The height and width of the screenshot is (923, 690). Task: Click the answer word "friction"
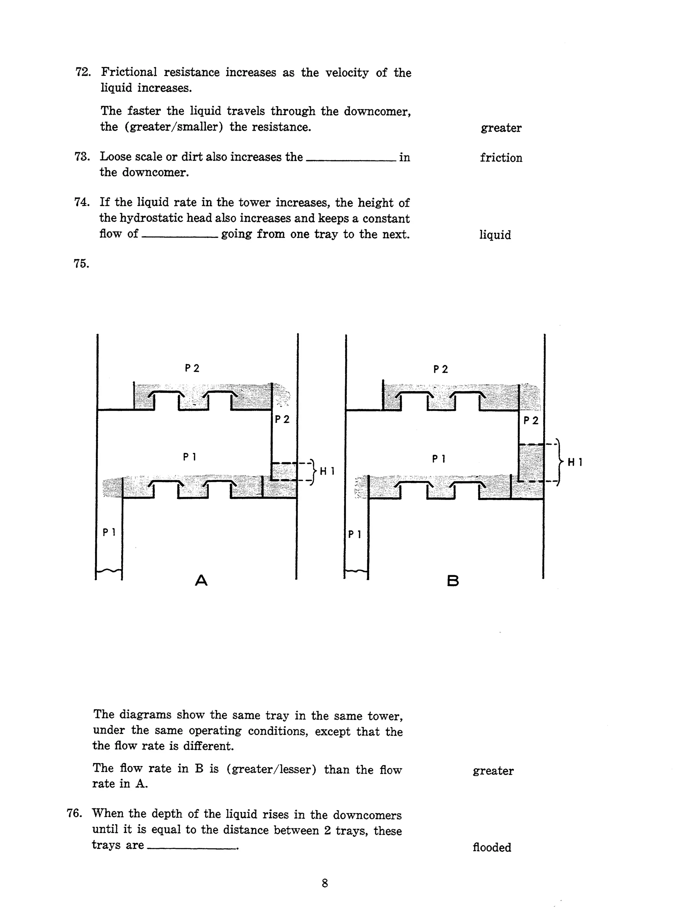pyautogui.click(x=501, y=158)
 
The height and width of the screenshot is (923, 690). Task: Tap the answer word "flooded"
pyautogui.click(x=492, y=848)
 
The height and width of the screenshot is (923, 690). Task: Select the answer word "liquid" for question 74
pyautogui.click(x=495, y=235)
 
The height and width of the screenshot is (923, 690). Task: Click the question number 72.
pyautogui.click(x=83, y=72)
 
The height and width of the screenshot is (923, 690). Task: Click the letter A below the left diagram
pyautogui.click(x=201, y=580)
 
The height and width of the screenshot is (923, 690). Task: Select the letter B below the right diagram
pyautogui.click(x=452, y=581)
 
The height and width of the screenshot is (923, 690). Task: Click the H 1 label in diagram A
pyautogui.click(x=327, y=471)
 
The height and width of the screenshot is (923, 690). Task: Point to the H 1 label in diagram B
pyautogui.click(x=575, y=462)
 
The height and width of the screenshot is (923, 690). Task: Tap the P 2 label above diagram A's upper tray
pyautogui.click(x=192, y=368)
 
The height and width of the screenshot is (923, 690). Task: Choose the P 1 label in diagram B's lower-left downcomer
pyautogui.click(x=354, y=534)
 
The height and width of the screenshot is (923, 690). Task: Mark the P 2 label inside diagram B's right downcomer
pyautogui.click(x=531, y=421)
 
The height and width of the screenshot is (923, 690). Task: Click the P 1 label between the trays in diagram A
pyautogui.click(x=189, y=457)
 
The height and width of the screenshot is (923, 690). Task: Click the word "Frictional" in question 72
pyautogui.click(x=129, y=72)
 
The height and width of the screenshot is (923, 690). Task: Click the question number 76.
pyautogui.click(x=74, y=813)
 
